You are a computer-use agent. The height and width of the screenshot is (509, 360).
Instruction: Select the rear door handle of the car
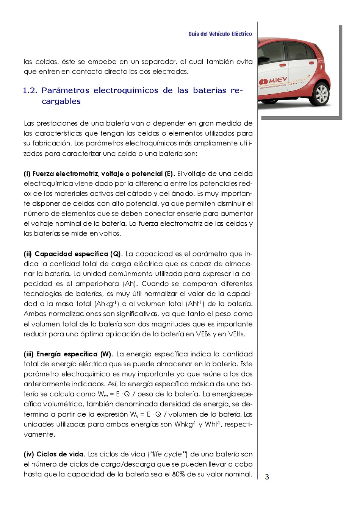tap(311, 62)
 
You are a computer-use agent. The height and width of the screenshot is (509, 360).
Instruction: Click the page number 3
tap(267, 476)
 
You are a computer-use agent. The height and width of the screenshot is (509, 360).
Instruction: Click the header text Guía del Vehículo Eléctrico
tap(220, 34)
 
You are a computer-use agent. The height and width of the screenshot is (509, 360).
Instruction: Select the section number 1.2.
tap(30, 91)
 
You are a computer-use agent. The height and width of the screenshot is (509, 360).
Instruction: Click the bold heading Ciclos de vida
tap(60, 454)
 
